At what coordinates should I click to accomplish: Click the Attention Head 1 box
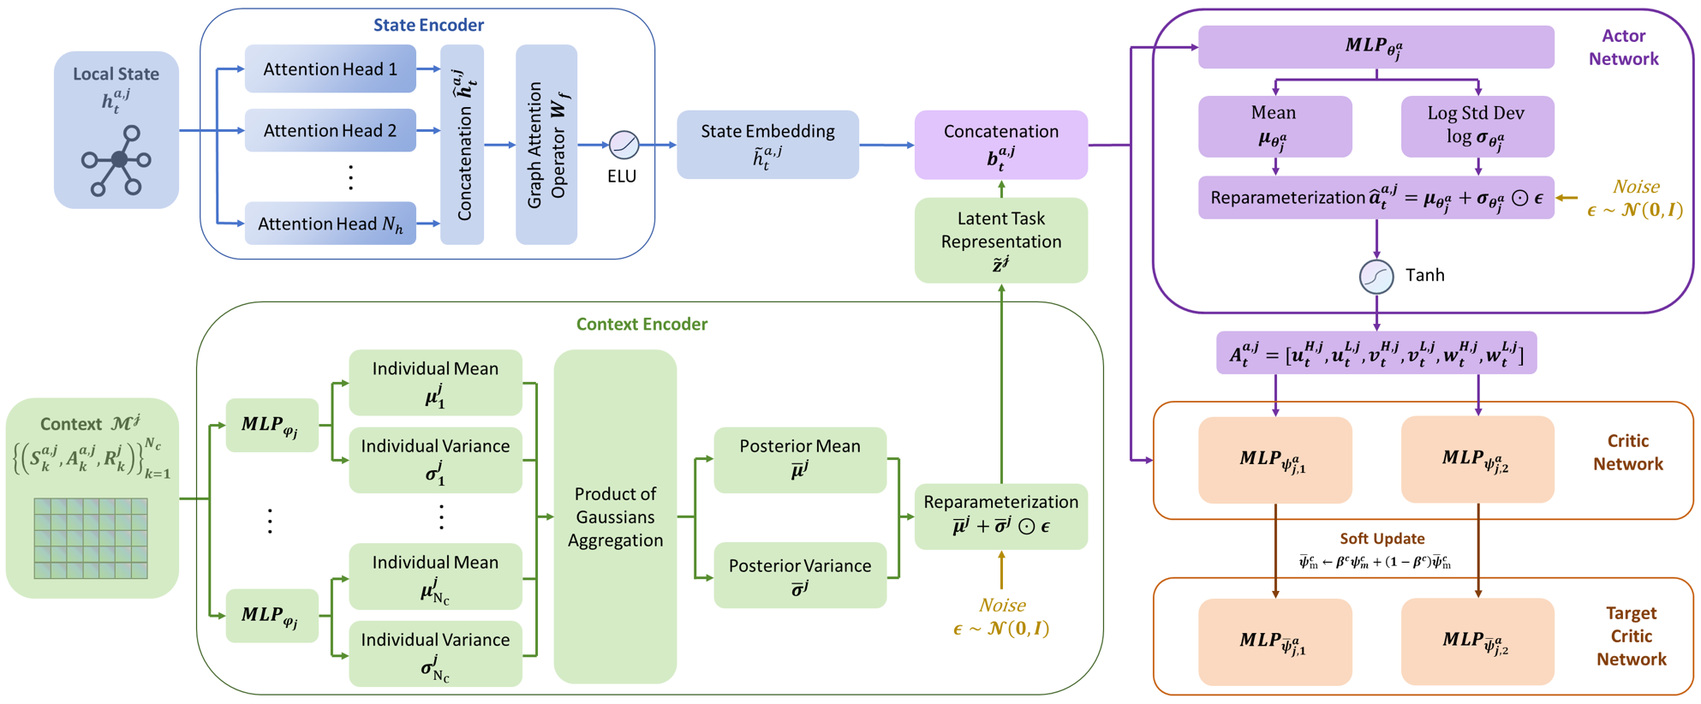[330, 69]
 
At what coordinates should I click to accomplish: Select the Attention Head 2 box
[330, 130]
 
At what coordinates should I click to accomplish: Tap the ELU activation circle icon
[624, 145]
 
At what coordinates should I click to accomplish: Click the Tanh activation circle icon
[1376, 277]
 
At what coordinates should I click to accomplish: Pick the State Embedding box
[767, 144]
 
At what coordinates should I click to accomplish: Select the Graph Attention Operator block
[546, 145]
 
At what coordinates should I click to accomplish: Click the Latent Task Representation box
[1000, 241]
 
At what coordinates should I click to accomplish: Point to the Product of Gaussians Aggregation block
[615, 516]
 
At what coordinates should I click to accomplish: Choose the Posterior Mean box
[800, 459]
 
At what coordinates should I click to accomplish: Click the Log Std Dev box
[1477, 126]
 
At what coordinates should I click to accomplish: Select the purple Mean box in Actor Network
[1274, 126]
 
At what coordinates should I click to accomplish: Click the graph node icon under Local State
[116, 161]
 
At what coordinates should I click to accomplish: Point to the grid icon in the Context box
[91, 539]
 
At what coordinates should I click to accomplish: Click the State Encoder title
[428, 25]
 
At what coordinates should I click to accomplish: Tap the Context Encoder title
[642, 324]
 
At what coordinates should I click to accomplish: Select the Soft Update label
[1382, 539]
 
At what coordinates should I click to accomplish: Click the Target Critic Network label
[1631, 636]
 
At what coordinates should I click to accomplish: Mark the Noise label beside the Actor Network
[1635, 198]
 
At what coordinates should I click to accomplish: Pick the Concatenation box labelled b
[1000, 144]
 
